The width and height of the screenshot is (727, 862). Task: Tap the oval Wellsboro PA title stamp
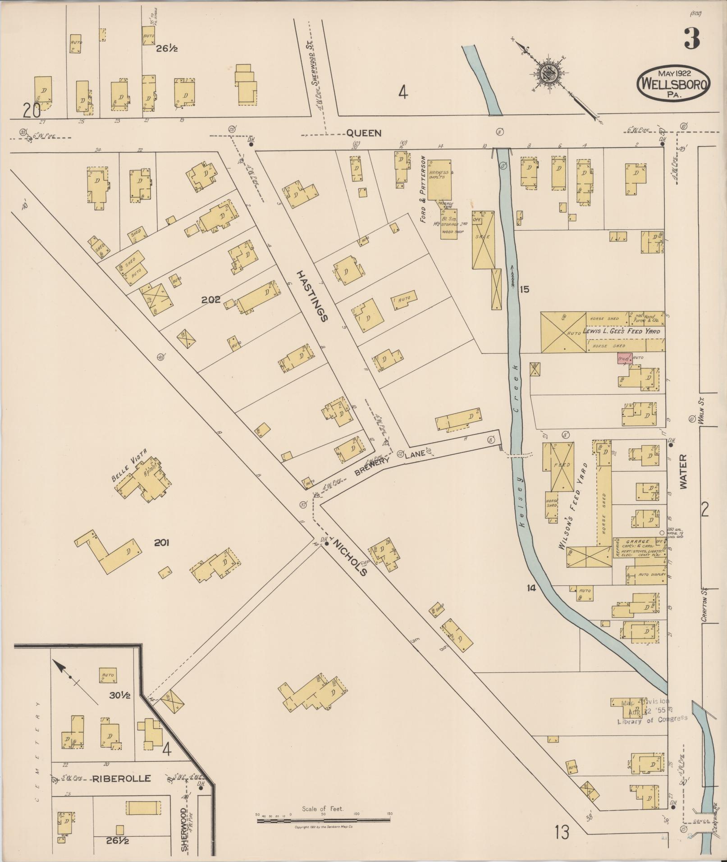(x=673, y=83)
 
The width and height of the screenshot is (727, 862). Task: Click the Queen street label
(x=364, y=133)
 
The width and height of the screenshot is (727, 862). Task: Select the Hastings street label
(x=312, y=296)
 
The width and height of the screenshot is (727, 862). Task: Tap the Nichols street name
(x=349, y=556)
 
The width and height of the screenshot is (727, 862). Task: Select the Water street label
(x=683, y=472)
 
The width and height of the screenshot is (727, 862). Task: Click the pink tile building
(x=625, y=359)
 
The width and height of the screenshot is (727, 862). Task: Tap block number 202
(x=211, y=300)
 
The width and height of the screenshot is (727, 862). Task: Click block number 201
(x=161, y=543)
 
